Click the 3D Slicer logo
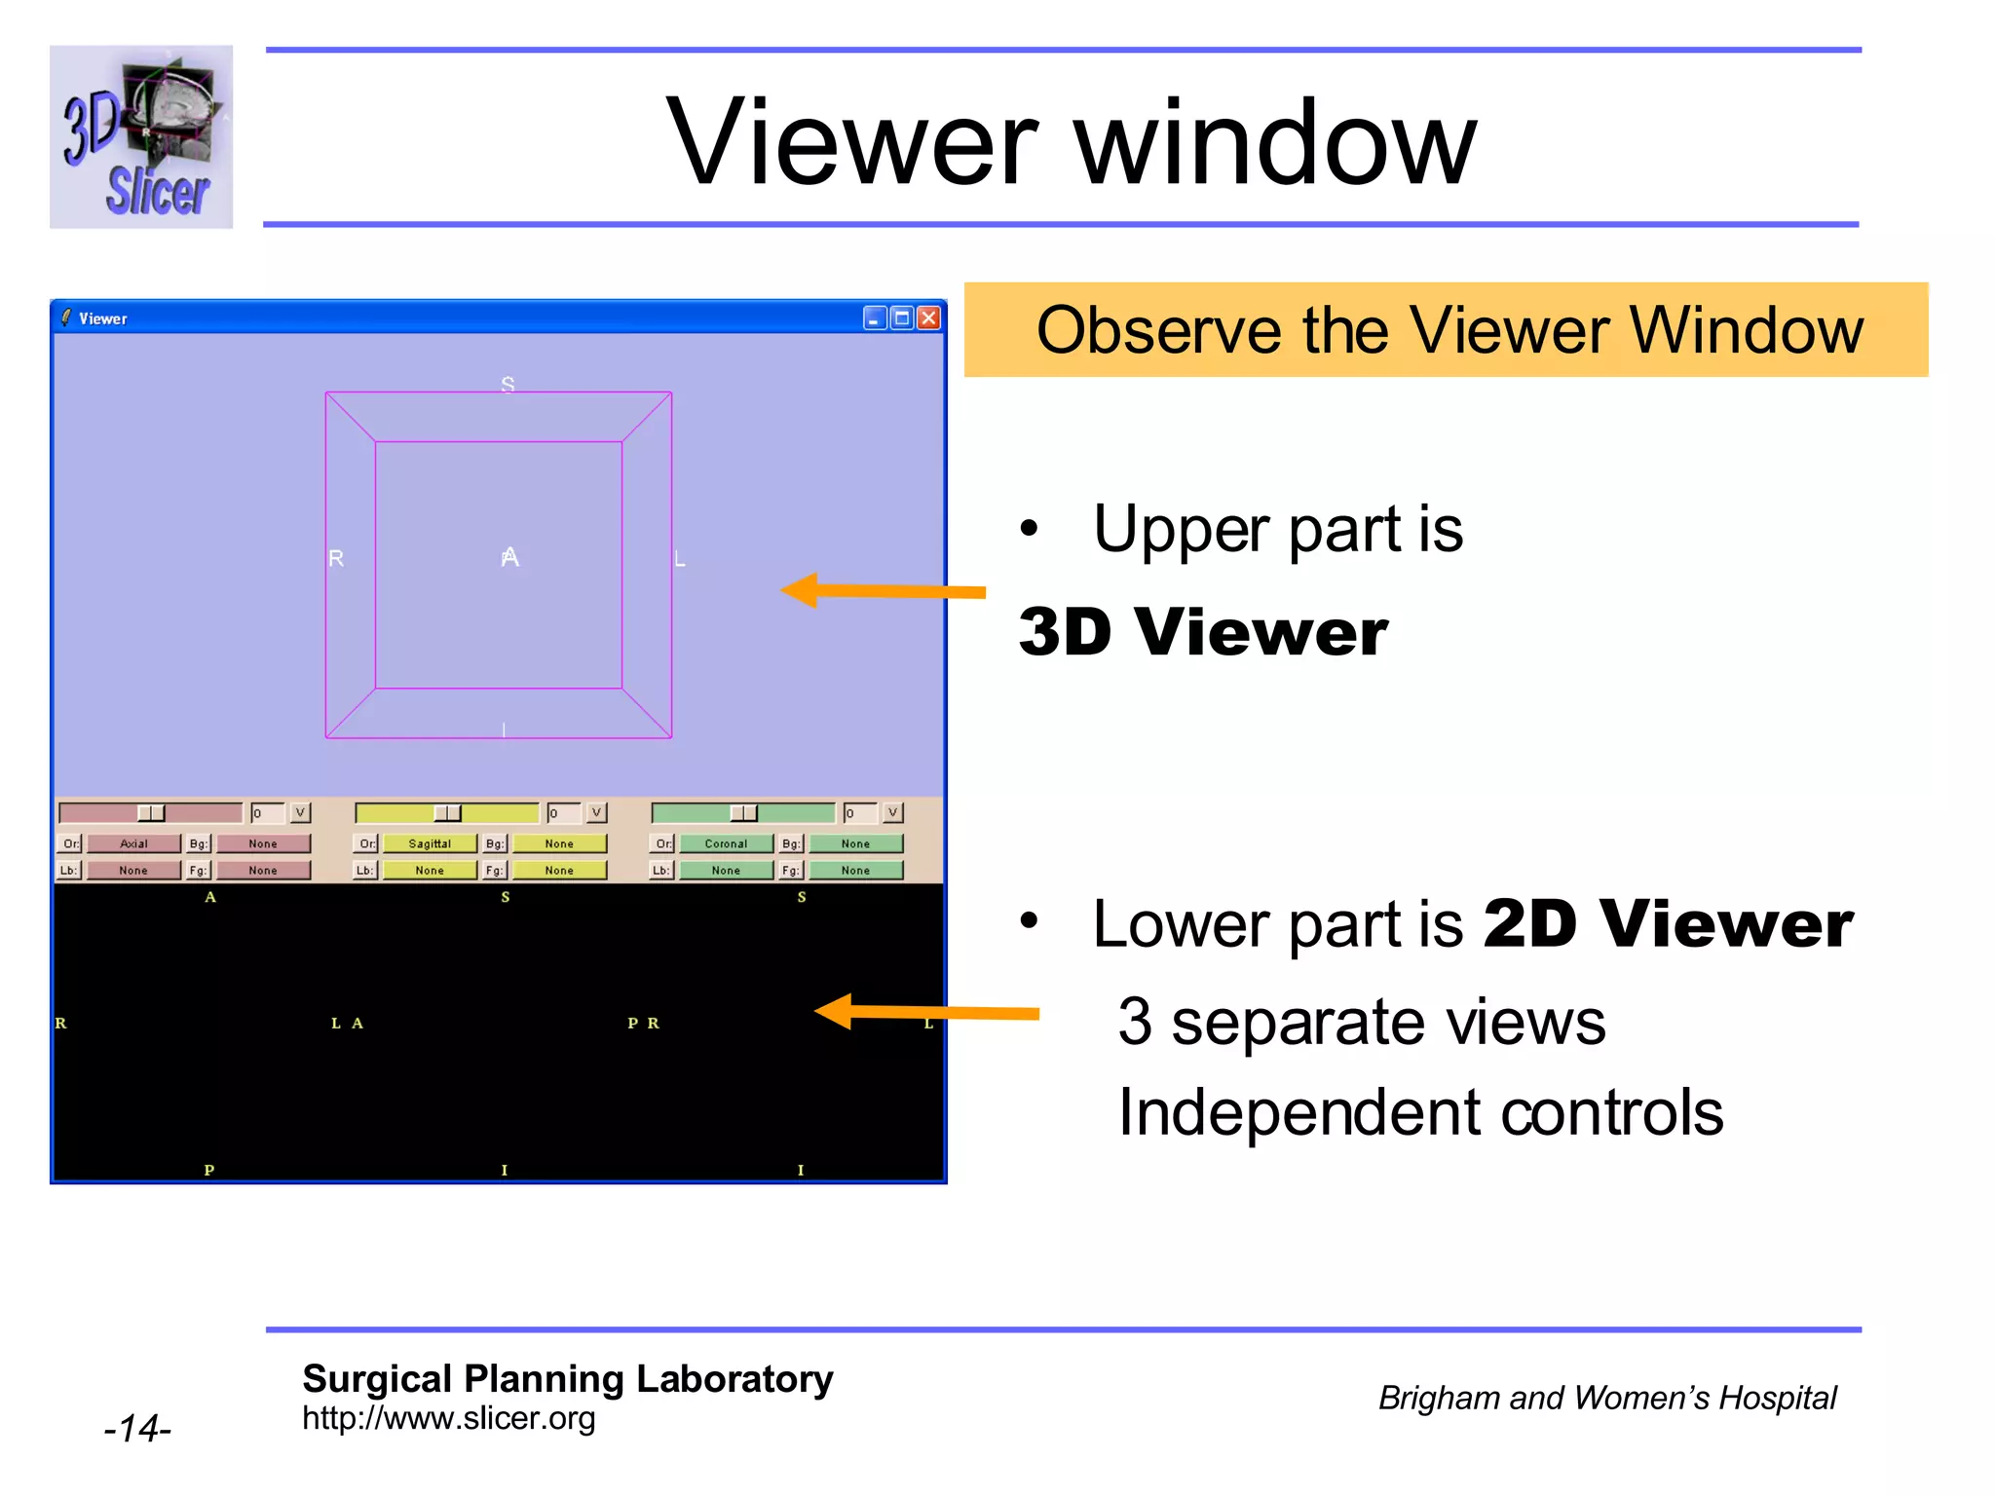(141, 136)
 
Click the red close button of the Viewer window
(928, 318)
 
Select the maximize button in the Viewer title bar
(902, 318)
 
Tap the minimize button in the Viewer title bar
(875, 318)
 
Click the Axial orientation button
(133, 843)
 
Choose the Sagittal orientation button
(430, 843)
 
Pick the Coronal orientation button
(726, 843)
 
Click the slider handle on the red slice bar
(151, 813)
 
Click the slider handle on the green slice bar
(743, 813)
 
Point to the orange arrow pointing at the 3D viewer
(882, 590)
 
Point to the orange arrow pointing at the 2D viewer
(925, 1012)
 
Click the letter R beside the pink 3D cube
(336, 558)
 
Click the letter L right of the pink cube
(680, 559)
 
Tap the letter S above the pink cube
(508, 384)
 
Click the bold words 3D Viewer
(1202, 632)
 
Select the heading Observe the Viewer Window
(1448, 330)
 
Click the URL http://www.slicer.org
(448, 1418)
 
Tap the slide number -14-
(137, 1429)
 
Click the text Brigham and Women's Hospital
(1606, 1398)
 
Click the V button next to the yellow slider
(596, 812)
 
